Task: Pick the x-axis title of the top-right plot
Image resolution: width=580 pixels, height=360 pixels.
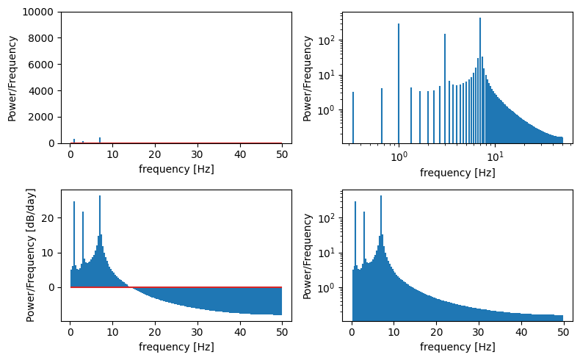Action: (x=457, y=173)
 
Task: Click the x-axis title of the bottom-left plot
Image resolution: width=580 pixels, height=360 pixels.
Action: (x=176, y=347)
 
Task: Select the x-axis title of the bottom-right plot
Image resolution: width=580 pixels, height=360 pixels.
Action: (x=457, y=347)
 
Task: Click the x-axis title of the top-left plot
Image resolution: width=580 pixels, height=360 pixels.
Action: (x=176, y=169)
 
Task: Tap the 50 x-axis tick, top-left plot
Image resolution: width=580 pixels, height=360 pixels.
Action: (x=282, y=155)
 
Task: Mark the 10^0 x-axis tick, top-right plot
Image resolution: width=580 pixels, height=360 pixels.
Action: (x=399, y=156)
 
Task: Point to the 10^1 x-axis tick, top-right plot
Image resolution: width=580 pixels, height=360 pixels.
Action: (x=495, y=156)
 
